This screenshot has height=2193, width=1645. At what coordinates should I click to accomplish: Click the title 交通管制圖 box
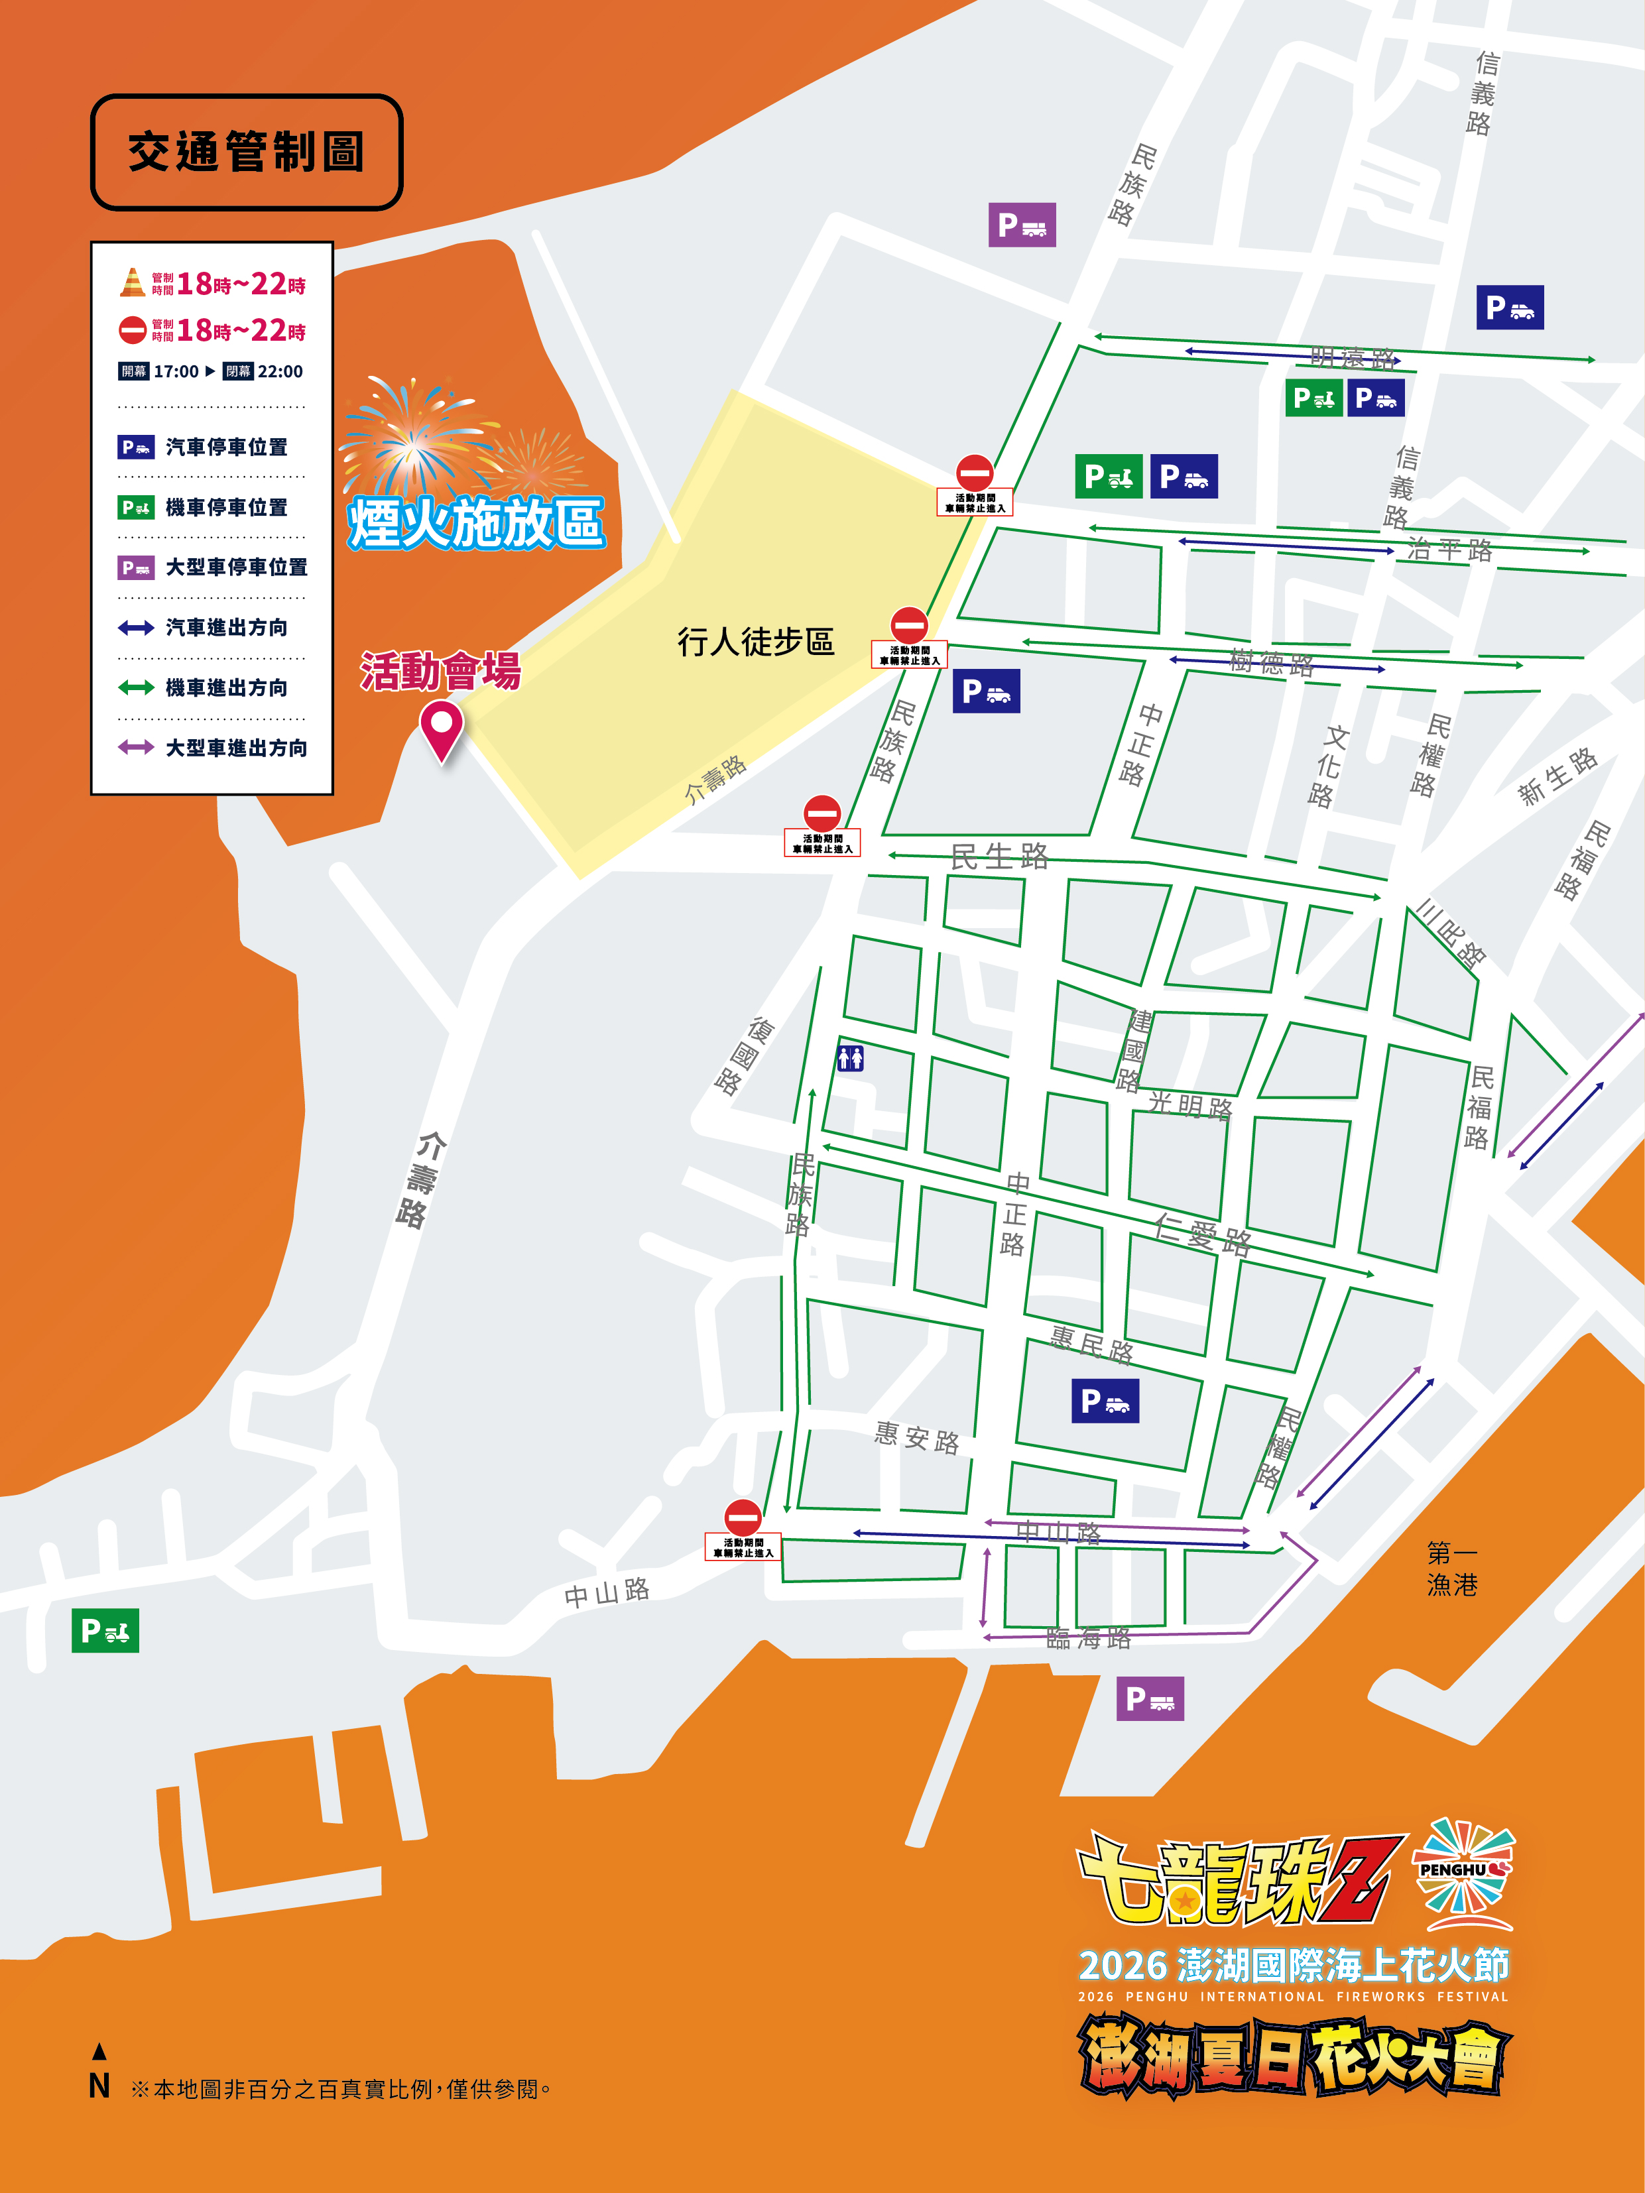point(246,152)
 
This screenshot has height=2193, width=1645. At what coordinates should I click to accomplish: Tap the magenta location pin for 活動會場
point(441,728)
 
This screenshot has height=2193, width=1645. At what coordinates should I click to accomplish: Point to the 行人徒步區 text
point(756,642)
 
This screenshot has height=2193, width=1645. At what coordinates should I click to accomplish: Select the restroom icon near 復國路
point(850,1058)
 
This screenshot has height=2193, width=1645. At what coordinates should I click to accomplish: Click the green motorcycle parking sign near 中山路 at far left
point(105,1630)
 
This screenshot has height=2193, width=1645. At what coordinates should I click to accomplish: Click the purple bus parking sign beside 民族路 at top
point(1021,225)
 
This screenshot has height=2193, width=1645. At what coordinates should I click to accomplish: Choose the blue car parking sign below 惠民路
point(1105,1401)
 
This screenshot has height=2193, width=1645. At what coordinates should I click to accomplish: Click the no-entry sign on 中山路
point(743,1517)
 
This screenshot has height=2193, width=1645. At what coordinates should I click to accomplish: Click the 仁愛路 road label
point(1202,1234)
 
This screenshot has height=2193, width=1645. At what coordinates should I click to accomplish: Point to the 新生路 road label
point(1557,776)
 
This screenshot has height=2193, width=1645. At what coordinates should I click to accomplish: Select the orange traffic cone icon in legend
point(132,282)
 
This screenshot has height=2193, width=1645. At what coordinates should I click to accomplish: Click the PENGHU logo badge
point(1463,1869)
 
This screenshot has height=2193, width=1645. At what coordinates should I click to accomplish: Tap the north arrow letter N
point(99,2086)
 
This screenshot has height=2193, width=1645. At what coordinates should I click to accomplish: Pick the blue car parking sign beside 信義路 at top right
point(1509,308)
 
